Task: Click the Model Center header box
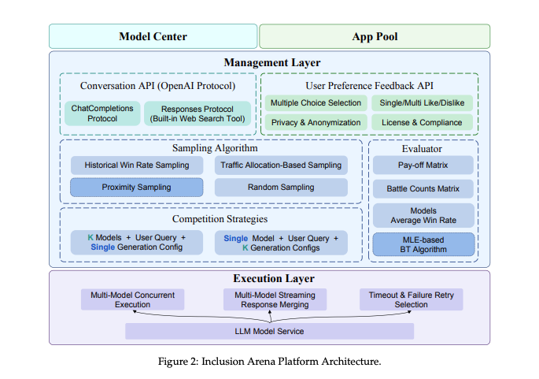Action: pyautogui.click(x=153, y=36)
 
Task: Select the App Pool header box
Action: pyautogui.click(x=374, y=36)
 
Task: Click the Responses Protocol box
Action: pyautogui.click(x=197, y=113)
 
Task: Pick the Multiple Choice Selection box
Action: pyautogui.click(x=316, y=103)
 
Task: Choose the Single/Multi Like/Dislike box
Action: pyautogui.click(x=422, y=103)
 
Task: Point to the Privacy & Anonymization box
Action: pyautogui.click(x=316, y=122)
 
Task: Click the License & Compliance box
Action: pyautogui.click(x=422, y=122)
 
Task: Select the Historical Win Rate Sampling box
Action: pyautogui.click(x=136, y=165)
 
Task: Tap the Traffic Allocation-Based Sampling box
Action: pyautogui.click(x=280, y=165)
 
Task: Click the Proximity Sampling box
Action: pyautogui.click(x=136, y=188)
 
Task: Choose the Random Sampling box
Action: pyautogui.click(x=280, y=188)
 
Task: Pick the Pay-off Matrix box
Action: pyautogui.click(x=423, y=165)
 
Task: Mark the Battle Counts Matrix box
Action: pyautogui.click(x=423, y=189)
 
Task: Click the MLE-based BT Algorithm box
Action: pyautogui.click(x=423, y=244)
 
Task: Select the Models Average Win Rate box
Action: pyautogui.click(x=423, y=215)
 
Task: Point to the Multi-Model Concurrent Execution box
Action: pyautogui.click(x=132, y=299)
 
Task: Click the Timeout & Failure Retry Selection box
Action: pyautogui.click(x=411, y=299)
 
